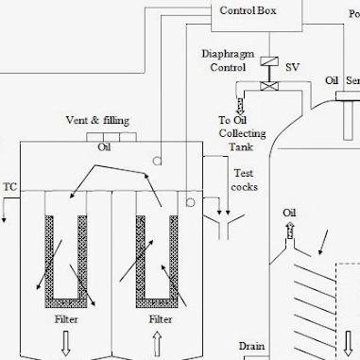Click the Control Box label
pos(249,11)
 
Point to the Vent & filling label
pos(97,121)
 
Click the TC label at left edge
pos(10,187)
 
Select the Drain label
pos(249,346)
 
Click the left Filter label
pos(66,320)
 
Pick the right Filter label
pos(161,320)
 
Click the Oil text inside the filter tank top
pos(104,147)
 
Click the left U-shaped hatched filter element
pos(66,259)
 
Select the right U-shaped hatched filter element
pos(158,259)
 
